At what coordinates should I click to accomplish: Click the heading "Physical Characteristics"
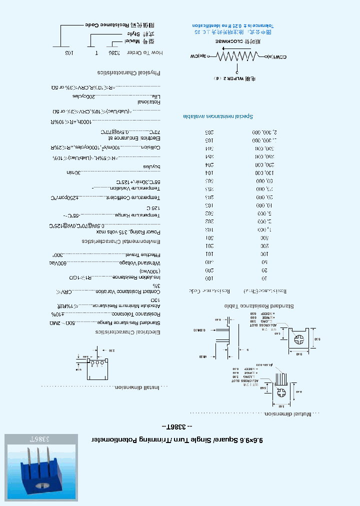click(x=129, y=73)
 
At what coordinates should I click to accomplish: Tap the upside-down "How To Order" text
click(x=145, y=52)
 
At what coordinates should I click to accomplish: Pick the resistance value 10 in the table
click(x=265, y=278)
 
